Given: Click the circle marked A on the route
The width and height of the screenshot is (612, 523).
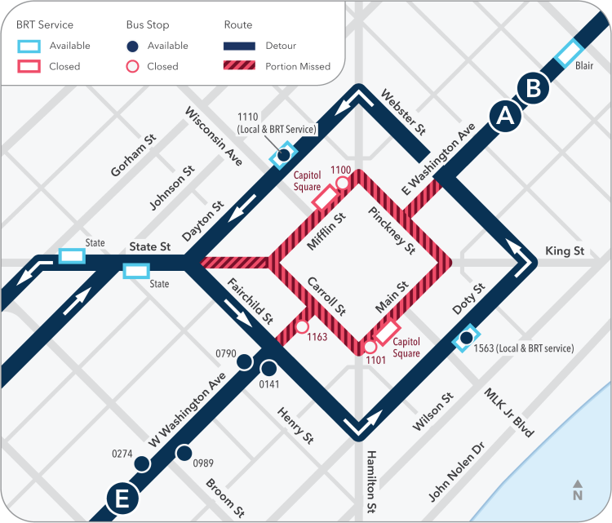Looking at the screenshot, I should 505,117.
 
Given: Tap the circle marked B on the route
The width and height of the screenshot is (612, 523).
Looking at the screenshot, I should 533,89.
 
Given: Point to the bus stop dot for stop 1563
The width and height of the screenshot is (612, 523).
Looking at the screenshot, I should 466,337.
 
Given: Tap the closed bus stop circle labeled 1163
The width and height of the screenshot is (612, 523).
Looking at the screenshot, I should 302,327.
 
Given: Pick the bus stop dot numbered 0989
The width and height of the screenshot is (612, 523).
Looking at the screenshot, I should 184,453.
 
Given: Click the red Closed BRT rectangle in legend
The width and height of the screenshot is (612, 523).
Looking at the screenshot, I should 29,67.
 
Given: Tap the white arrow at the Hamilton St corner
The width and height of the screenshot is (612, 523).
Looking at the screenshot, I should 357,424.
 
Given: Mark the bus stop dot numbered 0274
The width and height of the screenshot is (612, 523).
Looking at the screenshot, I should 143,464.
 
